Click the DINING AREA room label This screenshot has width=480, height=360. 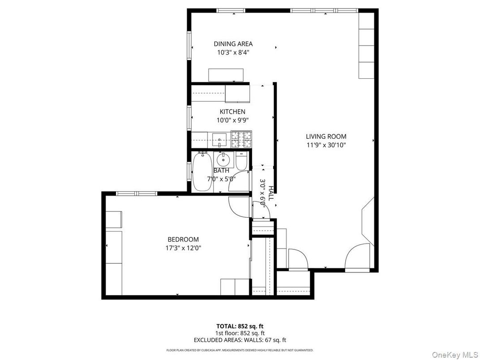(233, 44)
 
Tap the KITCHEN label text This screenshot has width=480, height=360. (232, 111)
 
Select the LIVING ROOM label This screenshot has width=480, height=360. (326, 137)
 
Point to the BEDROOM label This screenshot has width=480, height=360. (183, 240)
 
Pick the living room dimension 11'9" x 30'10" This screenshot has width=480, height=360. (326, 145)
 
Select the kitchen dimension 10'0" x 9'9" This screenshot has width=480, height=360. (232, 120)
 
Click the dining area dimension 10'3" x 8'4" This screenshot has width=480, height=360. (233, 52)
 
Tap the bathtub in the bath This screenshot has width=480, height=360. (202, 171)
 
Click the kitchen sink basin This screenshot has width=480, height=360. (220, 138)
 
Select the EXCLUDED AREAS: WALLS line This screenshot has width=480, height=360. (240, 340)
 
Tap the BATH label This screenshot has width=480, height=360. (221, 171)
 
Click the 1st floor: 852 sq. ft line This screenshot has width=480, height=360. (240, 333)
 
